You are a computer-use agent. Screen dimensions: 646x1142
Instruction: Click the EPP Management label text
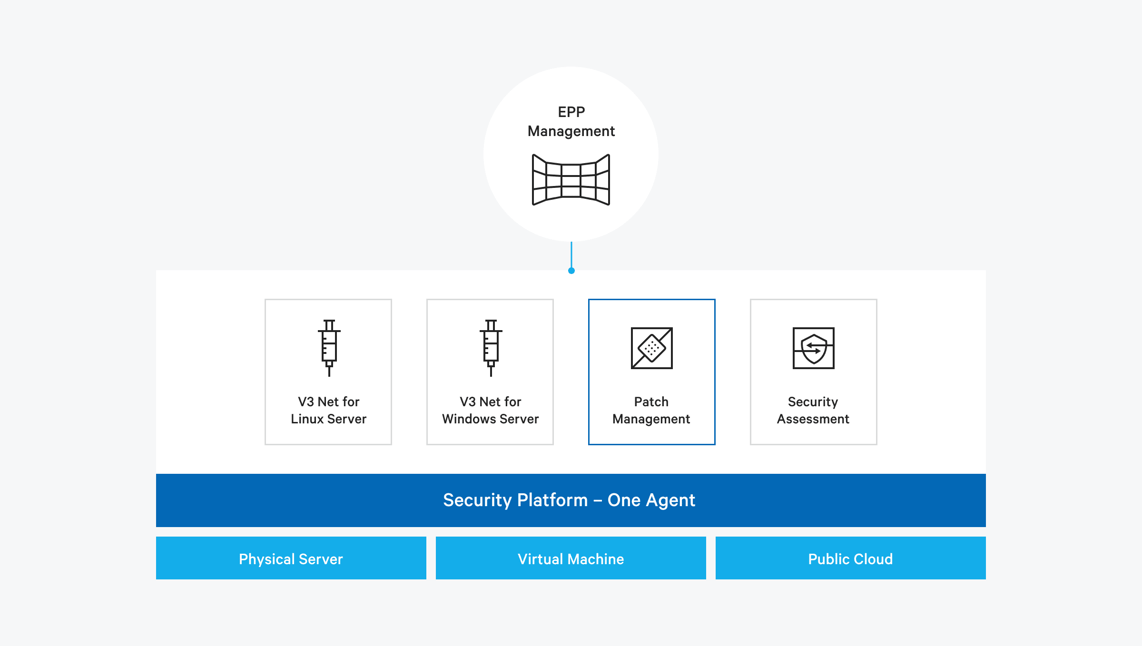tap(571, 122)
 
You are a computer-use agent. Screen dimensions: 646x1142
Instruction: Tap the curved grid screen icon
tap(571, 180)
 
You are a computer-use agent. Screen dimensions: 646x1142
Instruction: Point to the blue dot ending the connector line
tap(571, 271)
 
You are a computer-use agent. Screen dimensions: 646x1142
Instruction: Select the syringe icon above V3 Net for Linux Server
tap(329, 348)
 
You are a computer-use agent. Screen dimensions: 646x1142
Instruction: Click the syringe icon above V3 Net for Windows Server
tap(491, 348)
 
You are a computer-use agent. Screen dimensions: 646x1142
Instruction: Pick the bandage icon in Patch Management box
tap(651, 348)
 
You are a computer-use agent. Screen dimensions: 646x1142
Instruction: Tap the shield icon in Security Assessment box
tap(813, 348)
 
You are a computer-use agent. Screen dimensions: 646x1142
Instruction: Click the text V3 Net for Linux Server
tap(328, 410)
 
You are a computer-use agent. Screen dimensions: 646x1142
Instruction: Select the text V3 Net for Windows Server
tap(490, 410)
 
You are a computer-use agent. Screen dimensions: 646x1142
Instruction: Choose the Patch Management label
tap(651, 410)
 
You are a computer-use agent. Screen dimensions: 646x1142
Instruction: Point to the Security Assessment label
tap(813, 410)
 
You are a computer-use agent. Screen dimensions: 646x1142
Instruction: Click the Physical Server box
tap(291, 558)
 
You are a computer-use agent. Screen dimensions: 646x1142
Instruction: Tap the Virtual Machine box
tap(571, 558)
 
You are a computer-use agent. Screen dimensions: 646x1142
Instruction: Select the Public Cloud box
tap(850, 558)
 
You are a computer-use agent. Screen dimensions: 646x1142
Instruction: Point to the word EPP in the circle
tap(571, 112)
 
